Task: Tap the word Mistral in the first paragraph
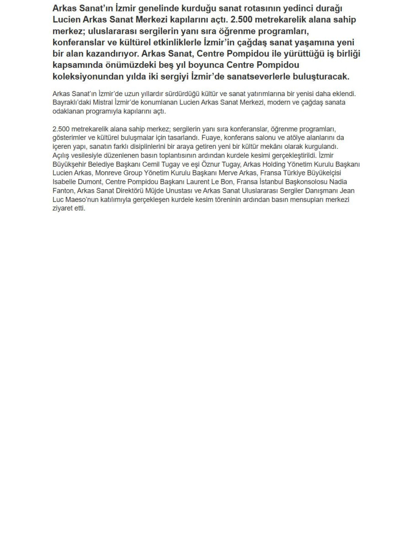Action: (105, 103)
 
